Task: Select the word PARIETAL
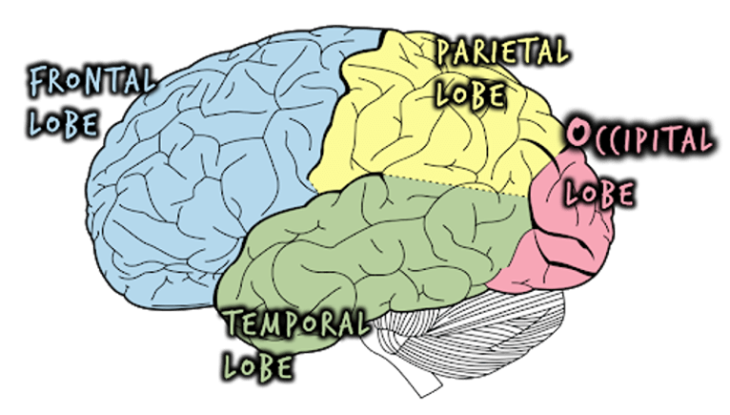tap(501, 51)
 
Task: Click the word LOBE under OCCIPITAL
tap(599, 193)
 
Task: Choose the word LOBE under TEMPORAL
tap(259, 364)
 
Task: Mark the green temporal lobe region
tap(381, 248)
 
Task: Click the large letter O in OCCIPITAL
tap(576, 135)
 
